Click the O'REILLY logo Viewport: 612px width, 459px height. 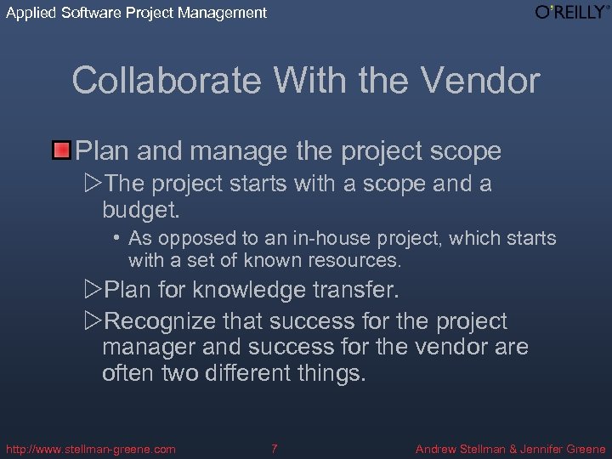point(572,12)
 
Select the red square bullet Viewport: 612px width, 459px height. point(61,152)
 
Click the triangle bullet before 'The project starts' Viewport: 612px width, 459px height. point(93,184)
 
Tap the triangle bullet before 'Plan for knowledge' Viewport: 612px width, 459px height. point(93,291)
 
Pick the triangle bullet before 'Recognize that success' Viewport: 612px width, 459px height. point(93,322)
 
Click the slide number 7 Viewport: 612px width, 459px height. point(275,448)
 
